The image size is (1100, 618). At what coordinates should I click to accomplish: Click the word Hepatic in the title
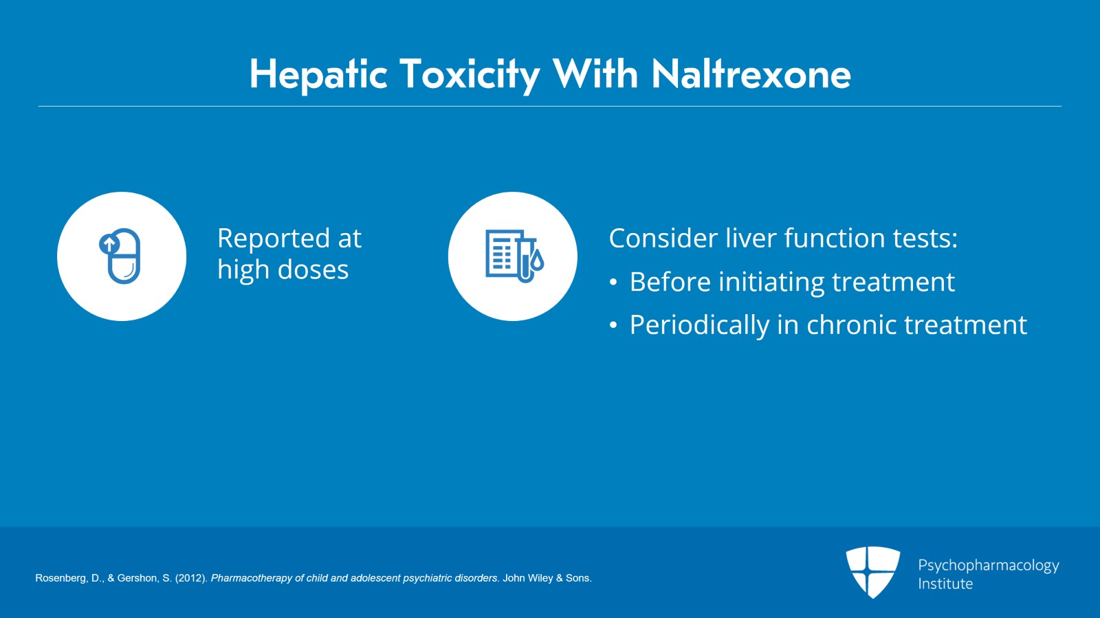(319, 75)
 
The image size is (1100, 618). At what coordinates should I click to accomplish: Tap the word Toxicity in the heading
(470, 75)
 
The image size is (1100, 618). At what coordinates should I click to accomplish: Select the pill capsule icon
(120, 256)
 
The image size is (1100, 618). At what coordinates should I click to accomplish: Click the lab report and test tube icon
(514, 256)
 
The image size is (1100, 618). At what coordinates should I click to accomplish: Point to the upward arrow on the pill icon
(109, 243)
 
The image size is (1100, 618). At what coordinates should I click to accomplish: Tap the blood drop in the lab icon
(537, 261)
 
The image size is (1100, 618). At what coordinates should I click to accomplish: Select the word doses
(313, 269)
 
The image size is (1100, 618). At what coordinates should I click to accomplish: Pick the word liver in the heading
(751, 238)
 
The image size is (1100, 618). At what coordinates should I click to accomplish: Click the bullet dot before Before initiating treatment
(613, 283)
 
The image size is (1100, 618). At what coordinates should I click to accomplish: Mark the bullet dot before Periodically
(613, 325)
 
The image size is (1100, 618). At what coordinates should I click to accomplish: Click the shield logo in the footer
(872, 572)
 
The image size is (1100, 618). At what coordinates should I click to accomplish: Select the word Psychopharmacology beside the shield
(989, 566)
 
